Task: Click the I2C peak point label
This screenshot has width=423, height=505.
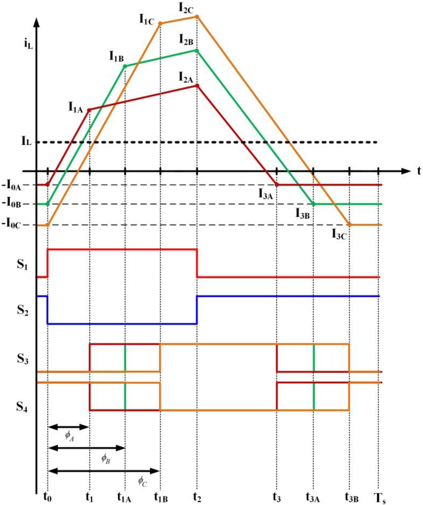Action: (185, 8)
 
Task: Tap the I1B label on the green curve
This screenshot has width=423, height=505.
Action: (116, 56)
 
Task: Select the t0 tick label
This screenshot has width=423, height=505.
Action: (48, 497)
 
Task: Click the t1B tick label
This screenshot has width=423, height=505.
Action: (161, 497)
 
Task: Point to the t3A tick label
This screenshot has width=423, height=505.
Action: (313, 497)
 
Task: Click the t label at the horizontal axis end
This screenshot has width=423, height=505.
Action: (419, 171)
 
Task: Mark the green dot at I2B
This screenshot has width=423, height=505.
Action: (197, 51)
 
